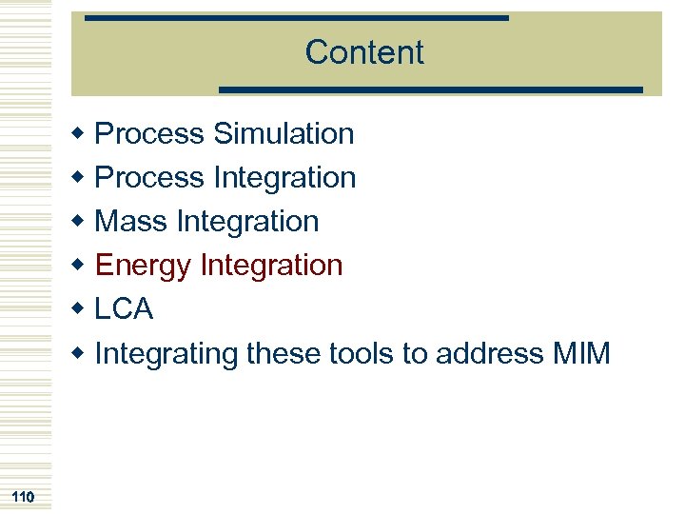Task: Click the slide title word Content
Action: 364,52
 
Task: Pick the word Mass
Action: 131,222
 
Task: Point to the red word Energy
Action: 142,266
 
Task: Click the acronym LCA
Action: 124,309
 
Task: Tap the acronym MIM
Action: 580,354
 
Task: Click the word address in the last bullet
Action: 489,354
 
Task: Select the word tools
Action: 361,354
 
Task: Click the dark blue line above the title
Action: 296,18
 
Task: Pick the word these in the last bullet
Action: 284,354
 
